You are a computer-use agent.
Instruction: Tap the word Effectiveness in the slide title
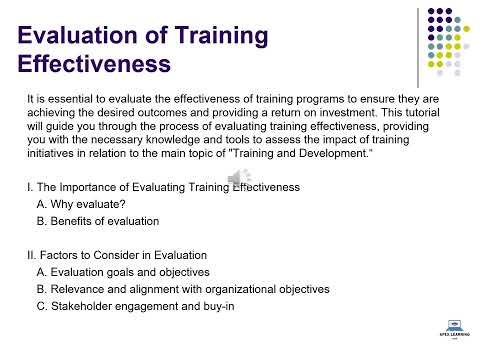[93, 67]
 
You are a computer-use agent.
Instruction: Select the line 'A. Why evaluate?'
[82, 203]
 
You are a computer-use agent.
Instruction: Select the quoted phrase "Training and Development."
[357, 152]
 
